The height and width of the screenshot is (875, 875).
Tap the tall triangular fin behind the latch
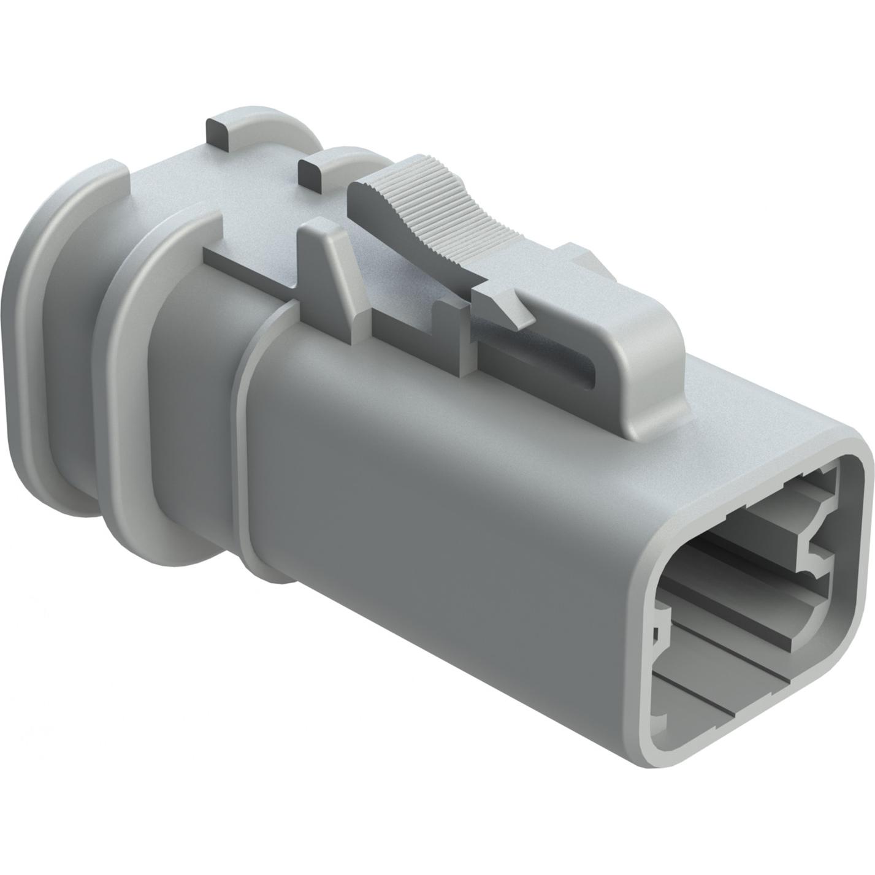click(x=331, y=270)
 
